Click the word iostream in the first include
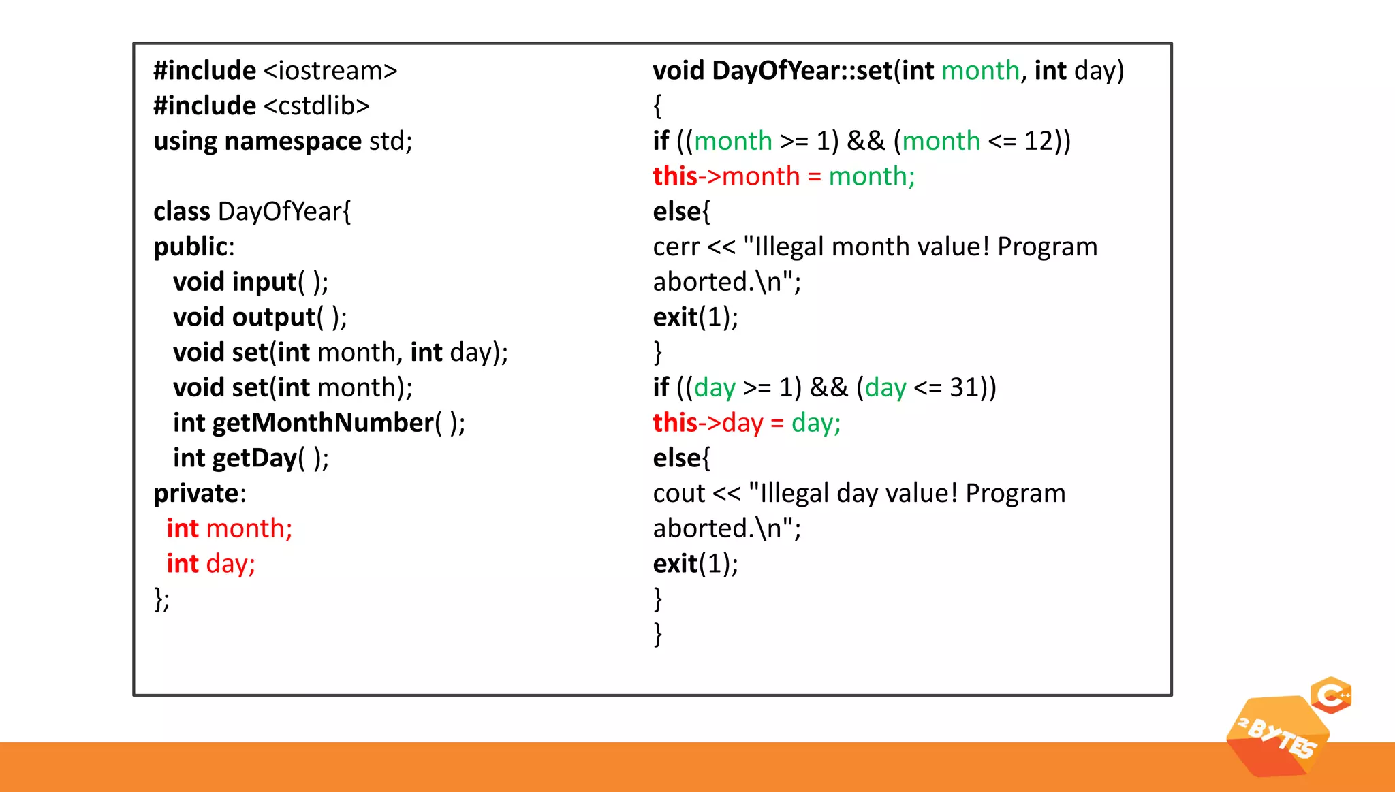[330, 71]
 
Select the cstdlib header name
[316, 106]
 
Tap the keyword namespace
[293, 142]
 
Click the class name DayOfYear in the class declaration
[279, 212]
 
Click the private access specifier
[196, 494]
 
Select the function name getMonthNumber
[323, 423]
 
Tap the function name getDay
[254, 458]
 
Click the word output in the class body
[273, 317]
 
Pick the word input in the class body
[264, 282]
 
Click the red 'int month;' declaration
[230, 528]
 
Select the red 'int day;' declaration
[211, 564]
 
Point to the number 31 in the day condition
[964, 388]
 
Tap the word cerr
[676, 247]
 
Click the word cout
[678, 494]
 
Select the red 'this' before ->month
[674, 176]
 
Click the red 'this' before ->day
[674, 423]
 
